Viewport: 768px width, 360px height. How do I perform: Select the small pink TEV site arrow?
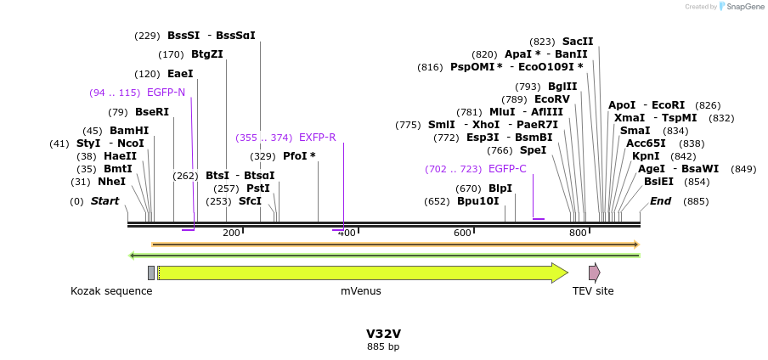[594, 273]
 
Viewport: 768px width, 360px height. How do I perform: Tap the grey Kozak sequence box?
[151, 273]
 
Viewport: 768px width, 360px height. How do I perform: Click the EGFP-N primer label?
[166, 93]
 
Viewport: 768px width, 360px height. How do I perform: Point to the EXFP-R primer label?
[317, 138]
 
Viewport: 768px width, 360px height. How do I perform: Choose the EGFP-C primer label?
[507, 169]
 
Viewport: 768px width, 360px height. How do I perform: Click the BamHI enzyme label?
[128, 131]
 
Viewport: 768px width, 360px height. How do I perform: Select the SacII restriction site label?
[578, 42]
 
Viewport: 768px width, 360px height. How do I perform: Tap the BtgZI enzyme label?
[207, 54]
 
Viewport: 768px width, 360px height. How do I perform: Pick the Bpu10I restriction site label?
[478, 201]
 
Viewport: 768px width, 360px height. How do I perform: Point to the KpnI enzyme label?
[646, 156]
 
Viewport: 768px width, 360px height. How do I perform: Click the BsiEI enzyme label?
[658, 181]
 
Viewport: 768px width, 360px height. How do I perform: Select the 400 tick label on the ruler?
[347, 233]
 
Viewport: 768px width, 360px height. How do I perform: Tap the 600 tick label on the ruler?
[462, 233]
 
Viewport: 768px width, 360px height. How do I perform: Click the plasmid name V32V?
[383, 334]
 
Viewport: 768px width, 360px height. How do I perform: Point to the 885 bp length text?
[383, 346]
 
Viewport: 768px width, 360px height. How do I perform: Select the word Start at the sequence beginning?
[104, 201]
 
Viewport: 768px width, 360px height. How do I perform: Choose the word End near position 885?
[661, 201]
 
